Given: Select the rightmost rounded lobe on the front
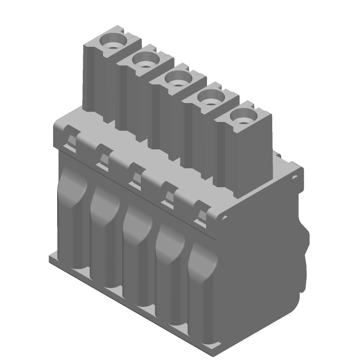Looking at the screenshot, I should tap(202, 265).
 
